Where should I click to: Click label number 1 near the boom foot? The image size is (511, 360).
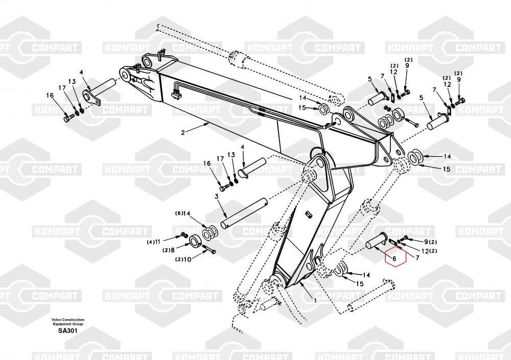pos(315,301)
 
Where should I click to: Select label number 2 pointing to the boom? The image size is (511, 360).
pos(182,132)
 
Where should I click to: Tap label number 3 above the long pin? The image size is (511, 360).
pos(217,196)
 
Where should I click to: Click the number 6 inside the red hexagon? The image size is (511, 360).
pos(394,259)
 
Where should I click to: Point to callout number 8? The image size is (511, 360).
pos(173,250)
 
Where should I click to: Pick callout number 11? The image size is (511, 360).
pos(158,241)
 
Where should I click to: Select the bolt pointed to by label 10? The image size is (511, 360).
pos(209,250)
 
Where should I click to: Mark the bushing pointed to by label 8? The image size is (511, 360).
pos(194,241)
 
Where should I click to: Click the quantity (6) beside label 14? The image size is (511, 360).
pos(179,213)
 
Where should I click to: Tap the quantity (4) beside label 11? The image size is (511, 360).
pos(150,241)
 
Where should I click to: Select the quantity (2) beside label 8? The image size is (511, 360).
pos(166,250)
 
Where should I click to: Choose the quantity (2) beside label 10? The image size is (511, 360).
pos(179,259)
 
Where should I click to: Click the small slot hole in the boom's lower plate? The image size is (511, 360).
pos(310,214)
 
